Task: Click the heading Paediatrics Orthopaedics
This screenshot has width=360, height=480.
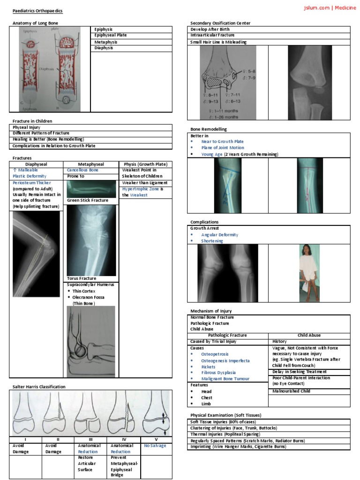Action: pyautogui.click(x=37, y=10)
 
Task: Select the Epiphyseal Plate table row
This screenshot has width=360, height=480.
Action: pyautogui.click(x=111, y=35)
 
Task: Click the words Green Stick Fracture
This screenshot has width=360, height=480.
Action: pyautogui.click(x=88, y=200)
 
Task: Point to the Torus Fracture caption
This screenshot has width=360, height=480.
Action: pyautogui.click(x=82, y=278)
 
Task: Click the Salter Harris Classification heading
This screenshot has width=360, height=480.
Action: pyautogui.click(x=39, y=387)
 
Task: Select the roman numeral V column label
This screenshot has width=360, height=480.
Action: pyautogui.click(x=156, y=439)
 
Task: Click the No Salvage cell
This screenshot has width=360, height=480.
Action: pyautogui.click(x=155, y=446)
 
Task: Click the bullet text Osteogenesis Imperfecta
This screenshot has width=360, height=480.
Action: pyautogui.click(x=225, y=361)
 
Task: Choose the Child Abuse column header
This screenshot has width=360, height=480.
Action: pyautogui.click(x=309, y=336)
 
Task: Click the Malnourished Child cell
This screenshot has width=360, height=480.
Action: pyautogui.click(x=291, y=391)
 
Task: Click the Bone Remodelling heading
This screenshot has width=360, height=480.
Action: pyautogui.click(x=209, y=129)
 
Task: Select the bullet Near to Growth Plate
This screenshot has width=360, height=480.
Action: pyautogui.click(x=222, y=142)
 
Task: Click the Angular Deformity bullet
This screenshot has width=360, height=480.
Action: pyautogui.click(x=219, y=235)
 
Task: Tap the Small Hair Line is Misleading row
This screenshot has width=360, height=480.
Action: pyautogui.click(x=218, y=42)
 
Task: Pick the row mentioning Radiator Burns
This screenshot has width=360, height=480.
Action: pyautogui.click(x=247, y=441)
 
